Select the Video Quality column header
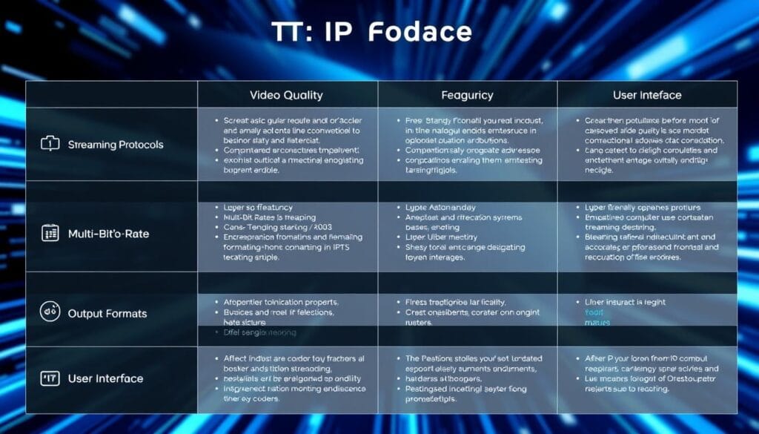287,95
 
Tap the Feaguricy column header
467,95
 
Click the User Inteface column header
647,95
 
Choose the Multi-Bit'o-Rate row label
107,233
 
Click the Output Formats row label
107,313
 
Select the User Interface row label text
105,378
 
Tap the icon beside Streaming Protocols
50,144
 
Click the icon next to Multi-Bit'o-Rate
50,233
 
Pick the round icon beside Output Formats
50,312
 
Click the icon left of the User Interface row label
50,378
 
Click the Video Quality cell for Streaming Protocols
288,144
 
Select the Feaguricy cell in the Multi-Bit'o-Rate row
467,232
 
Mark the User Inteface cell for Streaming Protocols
647,144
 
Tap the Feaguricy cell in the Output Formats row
467,312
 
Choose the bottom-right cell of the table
647,378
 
